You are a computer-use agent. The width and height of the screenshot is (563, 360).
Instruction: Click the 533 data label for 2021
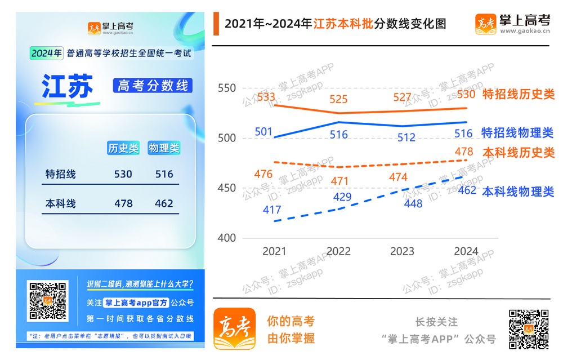click(266, 97)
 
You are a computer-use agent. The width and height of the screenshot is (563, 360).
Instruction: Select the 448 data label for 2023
click(413, 204)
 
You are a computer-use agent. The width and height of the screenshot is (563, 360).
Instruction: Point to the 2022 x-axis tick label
click(338, 251)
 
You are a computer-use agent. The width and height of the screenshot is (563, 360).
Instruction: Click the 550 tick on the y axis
click(226, 88)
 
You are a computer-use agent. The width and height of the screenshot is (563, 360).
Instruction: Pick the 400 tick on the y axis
click(226, 238)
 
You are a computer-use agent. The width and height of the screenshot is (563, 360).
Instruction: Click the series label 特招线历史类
click(519, 94)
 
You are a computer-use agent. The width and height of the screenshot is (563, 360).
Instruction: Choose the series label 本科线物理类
click(518, 192)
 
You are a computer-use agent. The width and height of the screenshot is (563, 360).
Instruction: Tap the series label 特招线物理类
click(517, 133)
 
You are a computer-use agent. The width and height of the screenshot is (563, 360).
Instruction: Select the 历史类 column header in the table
click(123, 148)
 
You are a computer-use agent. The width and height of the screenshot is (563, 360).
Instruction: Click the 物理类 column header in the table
click(164, 148)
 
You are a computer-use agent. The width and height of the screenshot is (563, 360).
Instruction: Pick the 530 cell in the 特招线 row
click(123, 174)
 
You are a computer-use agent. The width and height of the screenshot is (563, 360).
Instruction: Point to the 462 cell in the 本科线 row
click(164, 203)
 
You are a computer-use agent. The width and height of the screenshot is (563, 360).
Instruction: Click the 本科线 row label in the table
click(61, 203)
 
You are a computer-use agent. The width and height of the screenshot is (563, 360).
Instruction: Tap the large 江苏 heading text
click(67, 86)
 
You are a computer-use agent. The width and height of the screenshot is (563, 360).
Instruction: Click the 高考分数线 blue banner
click(153, 86)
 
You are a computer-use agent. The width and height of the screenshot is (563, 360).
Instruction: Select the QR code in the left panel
click(48, 301)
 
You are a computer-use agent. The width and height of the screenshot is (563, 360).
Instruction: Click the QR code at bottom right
click(529, 329)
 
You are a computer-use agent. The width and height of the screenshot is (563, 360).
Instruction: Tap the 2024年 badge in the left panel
click(46, 54)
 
